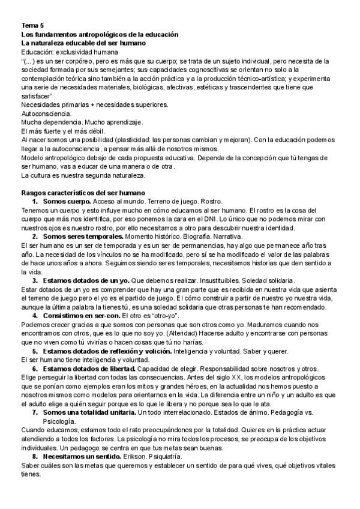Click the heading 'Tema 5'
coord(32,26)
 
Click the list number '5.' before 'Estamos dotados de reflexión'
coord(36,350)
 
